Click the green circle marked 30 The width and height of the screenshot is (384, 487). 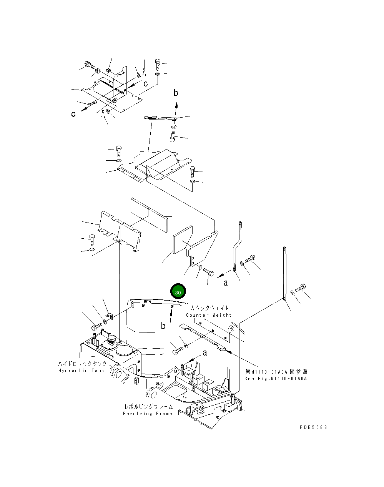tap(178, 292)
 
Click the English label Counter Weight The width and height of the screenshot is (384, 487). tap(209, 315)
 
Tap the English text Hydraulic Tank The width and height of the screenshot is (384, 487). tap(81, 371)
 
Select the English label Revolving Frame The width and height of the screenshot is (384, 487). tap(148, 414)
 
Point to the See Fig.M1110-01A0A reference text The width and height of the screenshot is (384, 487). tap(276, 379)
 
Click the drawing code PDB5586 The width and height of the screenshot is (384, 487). tap(313, 427)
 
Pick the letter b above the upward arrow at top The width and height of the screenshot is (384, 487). tap(176, 93)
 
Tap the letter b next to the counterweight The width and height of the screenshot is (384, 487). tap(163, 326)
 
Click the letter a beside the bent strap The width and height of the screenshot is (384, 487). tap(226, 283)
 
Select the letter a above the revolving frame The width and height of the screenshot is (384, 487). tap(205, 352)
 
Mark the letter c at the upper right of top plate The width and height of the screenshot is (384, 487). tap(146, 83)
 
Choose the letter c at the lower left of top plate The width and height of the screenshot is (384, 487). tap(73, 114)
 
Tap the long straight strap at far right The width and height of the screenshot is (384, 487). tap(284, 273)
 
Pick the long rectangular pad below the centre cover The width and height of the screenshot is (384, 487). tap(150, 214)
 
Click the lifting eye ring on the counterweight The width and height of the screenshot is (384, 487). tap(231, 329)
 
